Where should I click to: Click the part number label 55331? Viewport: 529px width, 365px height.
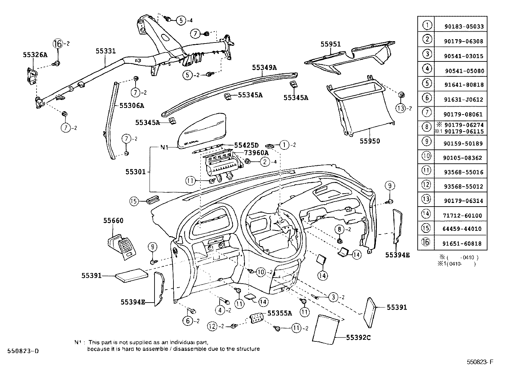point(106,51)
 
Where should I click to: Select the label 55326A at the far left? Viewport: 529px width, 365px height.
point(35,55)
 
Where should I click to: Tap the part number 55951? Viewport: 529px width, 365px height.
point(331,44)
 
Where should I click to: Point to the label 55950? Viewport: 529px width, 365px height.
point(370,141)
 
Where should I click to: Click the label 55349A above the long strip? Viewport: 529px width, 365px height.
point(264,67)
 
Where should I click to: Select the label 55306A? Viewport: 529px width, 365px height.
point(132,106)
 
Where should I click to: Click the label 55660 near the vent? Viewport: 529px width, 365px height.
point(113,221)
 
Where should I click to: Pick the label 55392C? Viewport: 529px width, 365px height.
point(358,337)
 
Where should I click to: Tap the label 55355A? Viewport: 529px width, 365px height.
point(279,313)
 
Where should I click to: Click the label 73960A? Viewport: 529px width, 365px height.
point(256,153)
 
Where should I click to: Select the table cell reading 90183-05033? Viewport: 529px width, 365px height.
point(464,27)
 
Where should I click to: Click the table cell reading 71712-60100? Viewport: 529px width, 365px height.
point(463,216)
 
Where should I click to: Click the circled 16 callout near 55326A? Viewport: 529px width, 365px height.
point(58,44)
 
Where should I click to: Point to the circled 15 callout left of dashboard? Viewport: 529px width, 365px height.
point(134,201)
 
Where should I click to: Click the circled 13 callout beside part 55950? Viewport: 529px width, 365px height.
point(401,108)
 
